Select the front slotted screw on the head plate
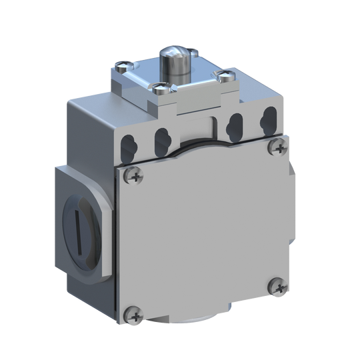tap(160, 85)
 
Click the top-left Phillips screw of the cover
tap(133, 175)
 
